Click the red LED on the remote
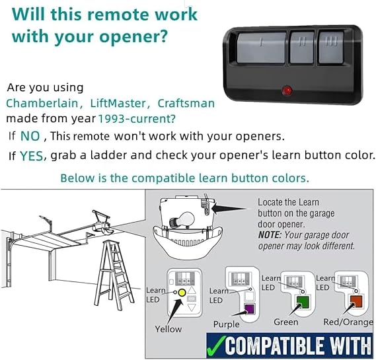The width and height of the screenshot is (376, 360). (x=287, y=91)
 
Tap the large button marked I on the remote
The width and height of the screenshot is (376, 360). (x=262, y=48)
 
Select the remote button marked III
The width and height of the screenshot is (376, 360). (x=332, y=48)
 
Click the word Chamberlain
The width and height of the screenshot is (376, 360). (x=42, y=104)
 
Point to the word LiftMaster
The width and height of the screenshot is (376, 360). (x=118, y=104)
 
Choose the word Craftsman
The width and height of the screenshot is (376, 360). (x=186, y=104)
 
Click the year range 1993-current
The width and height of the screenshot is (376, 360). (x=137, y=119)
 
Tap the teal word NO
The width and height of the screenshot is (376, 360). (x=30, y=136)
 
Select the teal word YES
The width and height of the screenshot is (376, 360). (x=32, y=156)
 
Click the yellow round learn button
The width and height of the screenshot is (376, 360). (x=182, y=293)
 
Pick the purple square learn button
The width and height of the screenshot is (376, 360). (x=249, y=308)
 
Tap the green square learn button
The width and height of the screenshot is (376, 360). (x=303, y=303)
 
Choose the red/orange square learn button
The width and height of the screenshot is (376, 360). (x=356, y=301)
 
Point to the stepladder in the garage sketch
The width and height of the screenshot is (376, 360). (x=114, y=275)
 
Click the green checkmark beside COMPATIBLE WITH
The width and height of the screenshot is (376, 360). (x=216, y=345)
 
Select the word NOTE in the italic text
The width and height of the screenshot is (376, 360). (x=269, y=235)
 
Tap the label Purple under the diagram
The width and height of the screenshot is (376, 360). (x=227, y=324)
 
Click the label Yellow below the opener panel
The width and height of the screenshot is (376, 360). (x=168, y=329)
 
